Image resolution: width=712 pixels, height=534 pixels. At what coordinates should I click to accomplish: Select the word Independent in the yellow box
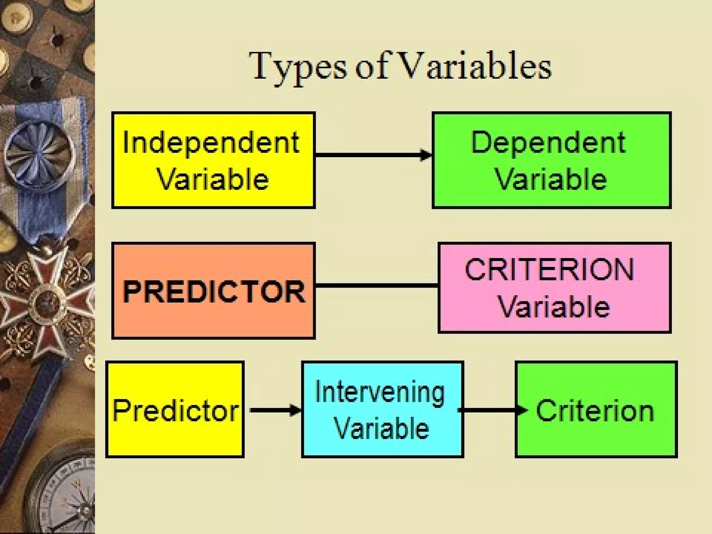(x=211, y=143)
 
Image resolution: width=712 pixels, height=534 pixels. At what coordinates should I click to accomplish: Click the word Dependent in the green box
(x=548, y=143)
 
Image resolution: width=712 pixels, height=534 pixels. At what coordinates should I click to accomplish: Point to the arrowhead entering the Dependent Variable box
(x=426, y=155)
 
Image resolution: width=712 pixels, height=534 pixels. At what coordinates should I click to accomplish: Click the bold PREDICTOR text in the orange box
(x=214, y=292)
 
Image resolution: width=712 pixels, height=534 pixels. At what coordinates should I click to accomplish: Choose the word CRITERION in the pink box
(x=550, y=270)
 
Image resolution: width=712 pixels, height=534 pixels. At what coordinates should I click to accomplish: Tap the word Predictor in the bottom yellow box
(x=176, y=410)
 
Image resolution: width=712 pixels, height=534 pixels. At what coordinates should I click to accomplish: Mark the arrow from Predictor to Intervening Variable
(x=275, y=410)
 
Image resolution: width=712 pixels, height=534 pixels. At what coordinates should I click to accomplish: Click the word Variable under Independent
(x=213, y=179)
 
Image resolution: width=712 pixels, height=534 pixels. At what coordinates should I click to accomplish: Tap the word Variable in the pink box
(x=555, y=307)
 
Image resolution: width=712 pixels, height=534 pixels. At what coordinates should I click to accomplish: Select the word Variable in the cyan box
(x=381, y=428)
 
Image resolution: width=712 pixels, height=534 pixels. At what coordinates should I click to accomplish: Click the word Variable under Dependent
(x=551, y=179)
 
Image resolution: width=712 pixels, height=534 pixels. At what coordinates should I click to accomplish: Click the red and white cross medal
(x=45, y=299)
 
